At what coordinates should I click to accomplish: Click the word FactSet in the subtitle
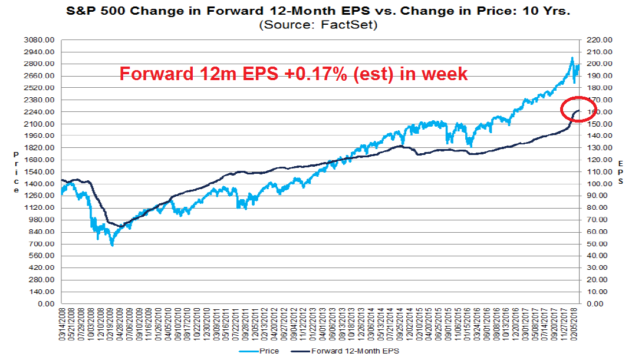343,25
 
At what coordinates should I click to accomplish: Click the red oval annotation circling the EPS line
577,108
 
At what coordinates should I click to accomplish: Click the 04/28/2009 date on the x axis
121,324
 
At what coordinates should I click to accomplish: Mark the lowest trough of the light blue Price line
111,245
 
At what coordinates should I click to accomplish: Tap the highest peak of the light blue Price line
571,58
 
